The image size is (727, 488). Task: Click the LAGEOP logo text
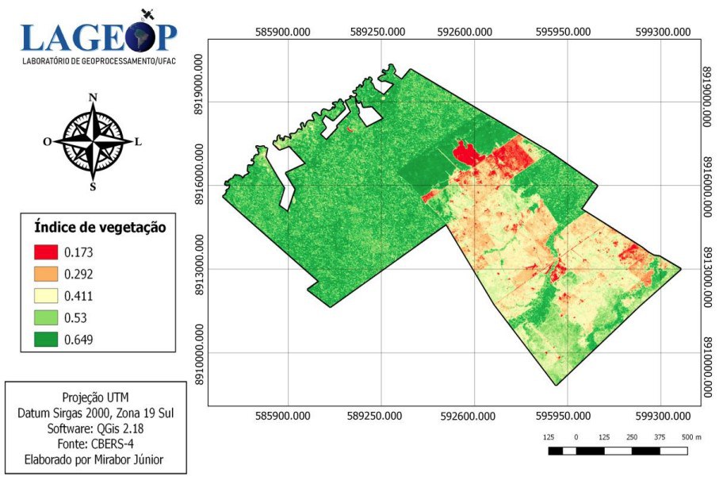click(99, 36)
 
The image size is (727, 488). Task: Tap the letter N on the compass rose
click(93, 98)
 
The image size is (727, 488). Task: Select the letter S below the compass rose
click(93, 187)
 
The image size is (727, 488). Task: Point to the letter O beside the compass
click(48, 142)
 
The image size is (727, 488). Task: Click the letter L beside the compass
click(138, 142)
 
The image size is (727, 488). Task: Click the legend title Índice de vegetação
click(99, 227)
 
